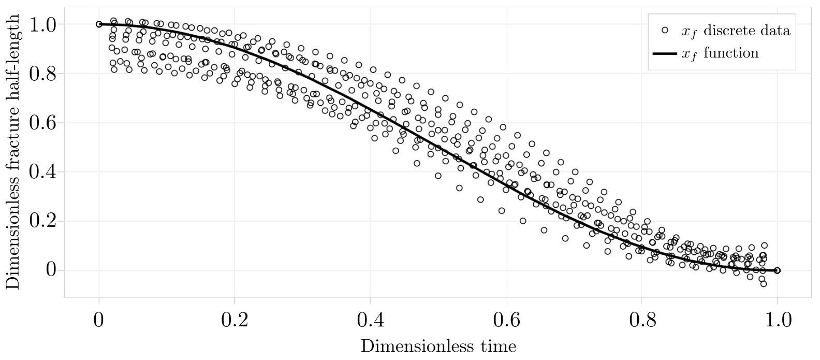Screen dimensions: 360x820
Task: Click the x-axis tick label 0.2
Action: pyautogui.click(x=234, y=320)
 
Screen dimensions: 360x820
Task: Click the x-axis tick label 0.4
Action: pyautogui.click(x=370, y=320)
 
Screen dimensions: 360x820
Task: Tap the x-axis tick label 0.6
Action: pyautogui.click(x=505, y=320)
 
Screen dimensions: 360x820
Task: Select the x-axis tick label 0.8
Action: pyautogui.click(x=641, y=320)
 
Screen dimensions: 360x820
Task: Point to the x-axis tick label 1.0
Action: pyautogui.click(x=777, y=320)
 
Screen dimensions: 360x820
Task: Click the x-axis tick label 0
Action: pyautogui.click(x=98, y=320)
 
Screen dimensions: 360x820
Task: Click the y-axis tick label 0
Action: pyautogui.click(x=50, y=270)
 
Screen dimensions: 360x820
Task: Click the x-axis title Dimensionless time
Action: pyautogui.click(x=438, y=346)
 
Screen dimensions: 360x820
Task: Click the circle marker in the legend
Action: pyautogui.click(x=665, y=31)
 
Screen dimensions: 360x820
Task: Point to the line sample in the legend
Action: pyautogui.click(x=665, y=53)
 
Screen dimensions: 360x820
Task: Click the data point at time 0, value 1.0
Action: pyautogui.click(x=99, y=24)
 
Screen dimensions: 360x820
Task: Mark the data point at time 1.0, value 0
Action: pyautogui.click(x=777, y=270)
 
